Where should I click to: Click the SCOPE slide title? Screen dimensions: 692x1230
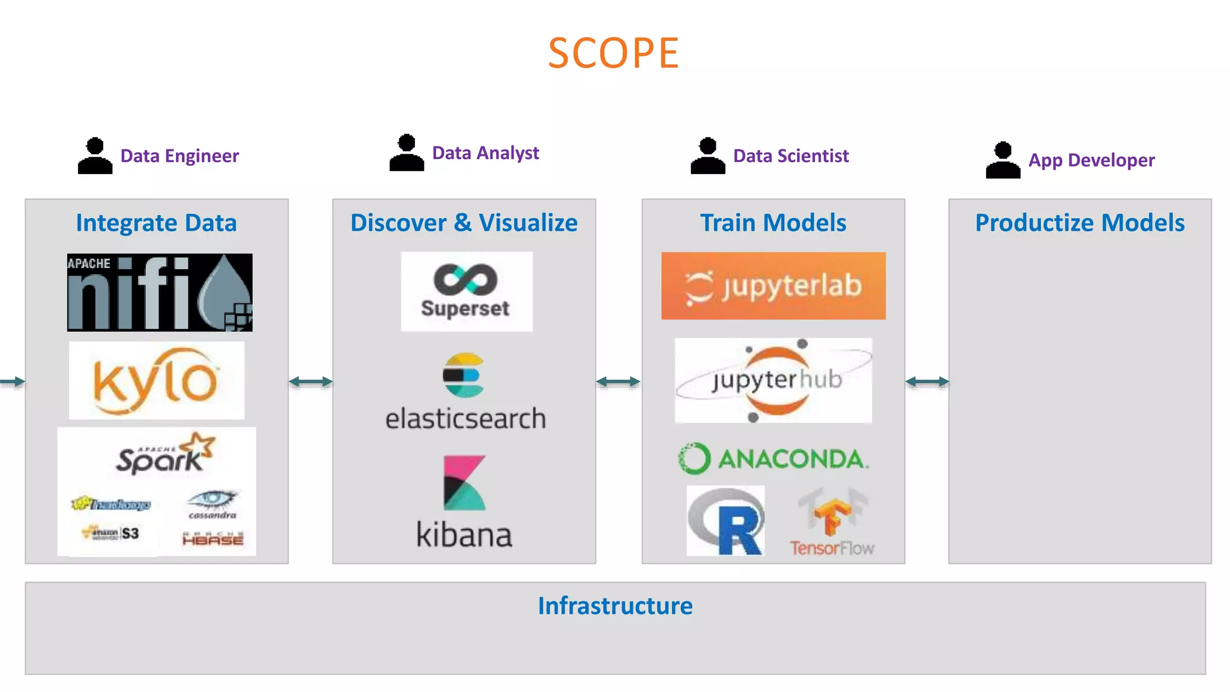[x=613, y=53]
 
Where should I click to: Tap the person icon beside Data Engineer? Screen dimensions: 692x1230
[x=95, y=156]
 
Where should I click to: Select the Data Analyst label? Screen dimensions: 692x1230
[x=485, y=153]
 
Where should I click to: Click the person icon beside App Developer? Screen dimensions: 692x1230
[x=1002, y=160]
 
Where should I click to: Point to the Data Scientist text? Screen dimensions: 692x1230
[x=790, y=156]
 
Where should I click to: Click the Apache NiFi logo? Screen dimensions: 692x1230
[x=160, y=293]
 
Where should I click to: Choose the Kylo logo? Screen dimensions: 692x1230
[x=156, y=380]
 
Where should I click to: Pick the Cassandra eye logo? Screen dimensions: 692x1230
[x=212, y=503]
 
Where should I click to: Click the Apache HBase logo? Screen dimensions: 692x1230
[x=213, y=538]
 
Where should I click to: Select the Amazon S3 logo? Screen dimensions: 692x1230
[x=111, y=533]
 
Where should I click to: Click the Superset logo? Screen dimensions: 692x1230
[x=466, y=291]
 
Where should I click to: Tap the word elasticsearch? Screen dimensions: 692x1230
[x=465, y=419]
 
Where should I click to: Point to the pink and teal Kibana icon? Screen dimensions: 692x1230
[x=464, y=482]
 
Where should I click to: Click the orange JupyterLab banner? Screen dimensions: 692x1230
[x=773, y=286]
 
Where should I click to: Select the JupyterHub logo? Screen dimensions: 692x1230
[x=773, y=380]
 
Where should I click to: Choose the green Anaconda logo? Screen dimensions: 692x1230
[x=773, y=459]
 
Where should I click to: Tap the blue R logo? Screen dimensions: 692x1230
[x=726, y=521]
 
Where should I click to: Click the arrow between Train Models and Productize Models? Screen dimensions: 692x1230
[x=927, y=381]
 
